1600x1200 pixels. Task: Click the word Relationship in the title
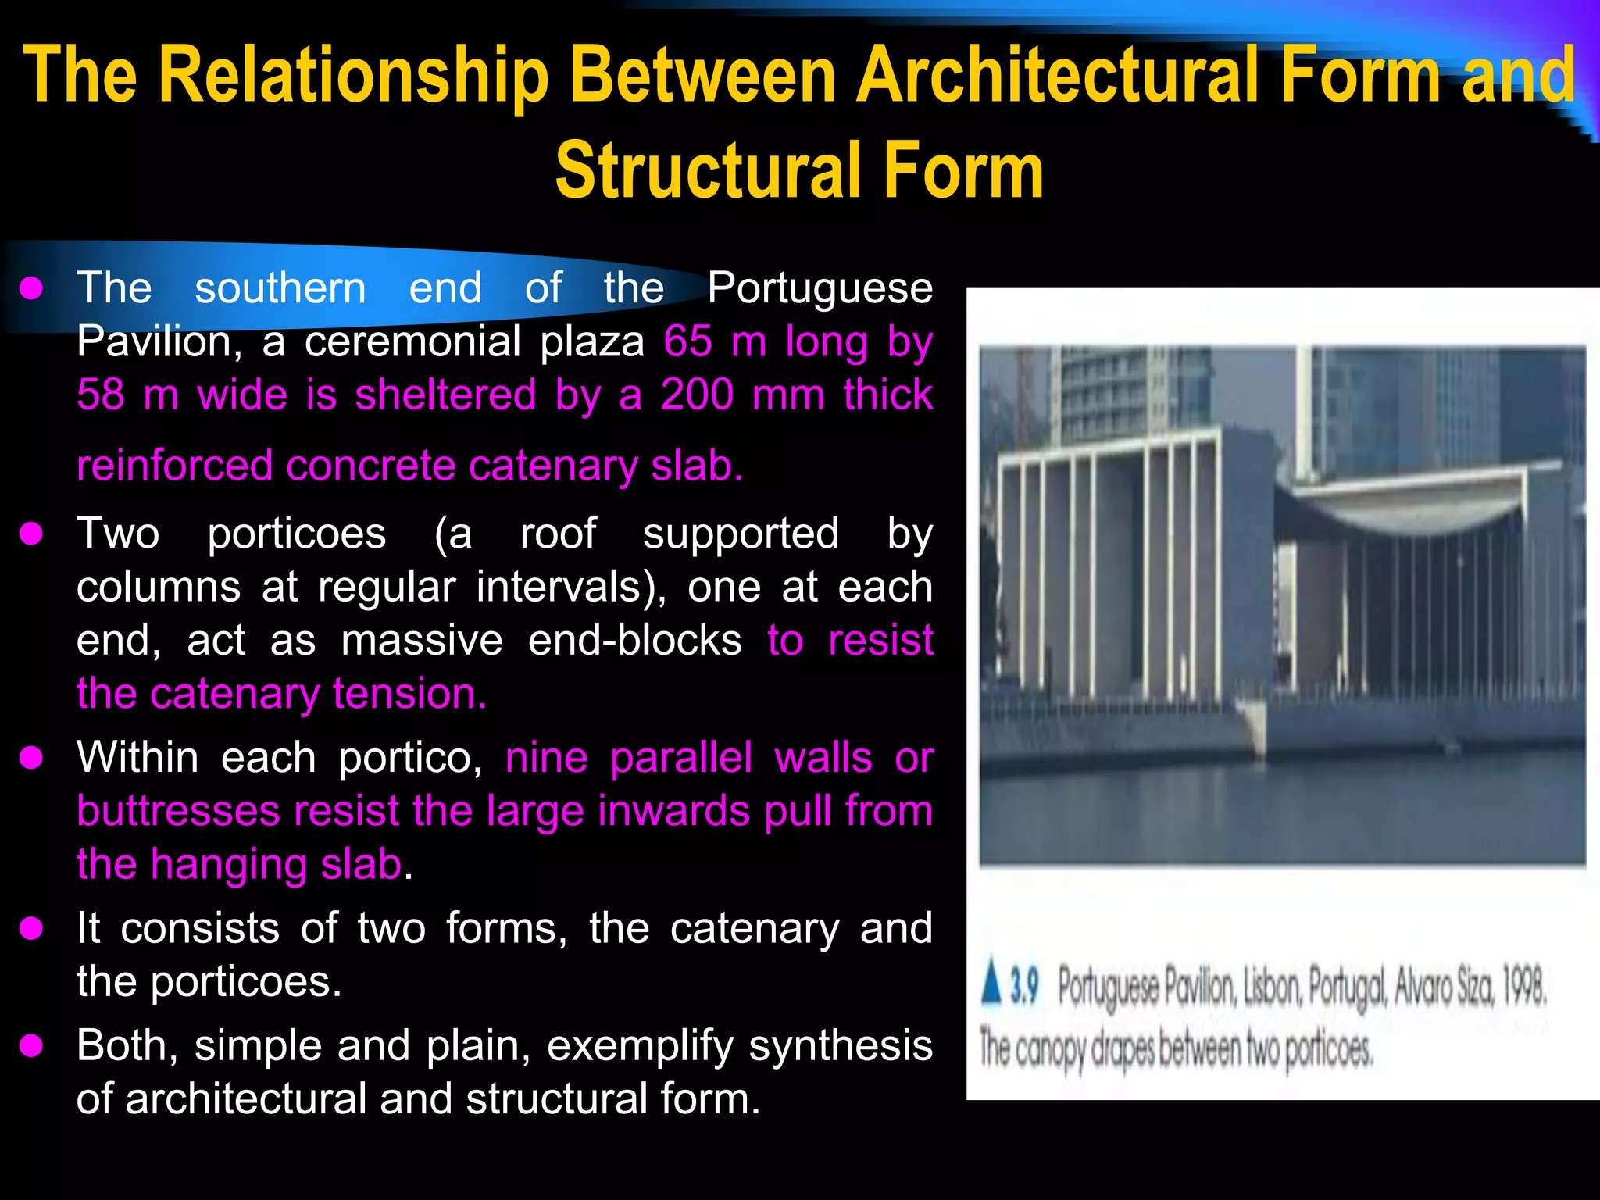click(354, 75)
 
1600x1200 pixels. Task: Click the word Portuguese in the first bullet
click(820, 288)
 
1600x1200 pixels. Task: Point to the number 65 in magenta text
click(687, 341)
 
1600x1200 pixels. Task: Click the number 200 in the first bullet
click(697, 395)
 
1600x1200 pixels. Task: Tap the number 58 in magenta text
click(100, 395)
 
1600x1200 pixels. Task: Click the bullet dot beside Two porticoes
click(31, 534)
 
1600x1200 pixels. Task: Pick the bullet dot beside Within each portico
click(31, 758)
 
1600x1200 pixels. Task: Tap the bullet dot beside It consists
click(31, 929)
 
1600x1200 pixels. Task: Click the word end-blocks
click(634, 641)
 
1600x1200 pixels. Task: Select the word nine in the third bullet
click(546, 758)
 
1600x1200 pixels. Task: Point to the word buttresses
click(178, 811)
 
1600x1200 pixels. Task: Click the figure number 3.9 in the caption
click(1024, 987)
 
